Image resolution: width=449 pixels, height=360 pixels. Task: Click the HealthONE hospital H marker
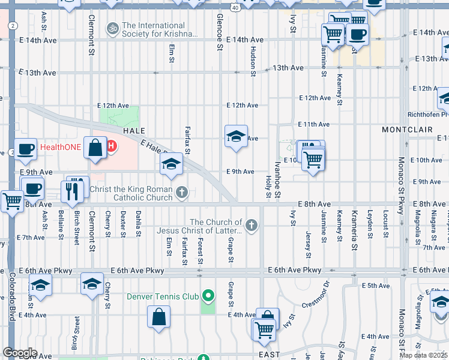point(111,146)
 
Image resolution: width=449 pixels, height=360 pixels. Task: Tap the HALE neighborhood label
point(135,130)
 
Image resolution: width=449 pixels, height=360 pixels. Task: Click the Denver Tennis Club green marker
point(208,296)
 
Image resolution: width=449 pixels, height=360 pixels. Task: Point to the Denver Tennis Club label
point(162,296)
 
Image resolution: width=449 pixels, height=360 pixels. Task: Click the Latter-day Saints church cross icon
point(252,226)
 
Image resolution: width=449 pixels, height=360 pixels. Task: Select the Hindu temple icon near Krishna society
point(112,28)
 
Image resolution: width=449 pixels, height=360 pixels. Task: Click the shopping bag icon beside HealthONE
point(95,148)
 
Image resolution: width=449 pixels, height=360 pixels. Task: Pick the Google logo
point(20,353)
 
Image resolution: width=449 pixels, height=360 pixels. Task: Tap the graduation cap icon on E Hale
point(171,163)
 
